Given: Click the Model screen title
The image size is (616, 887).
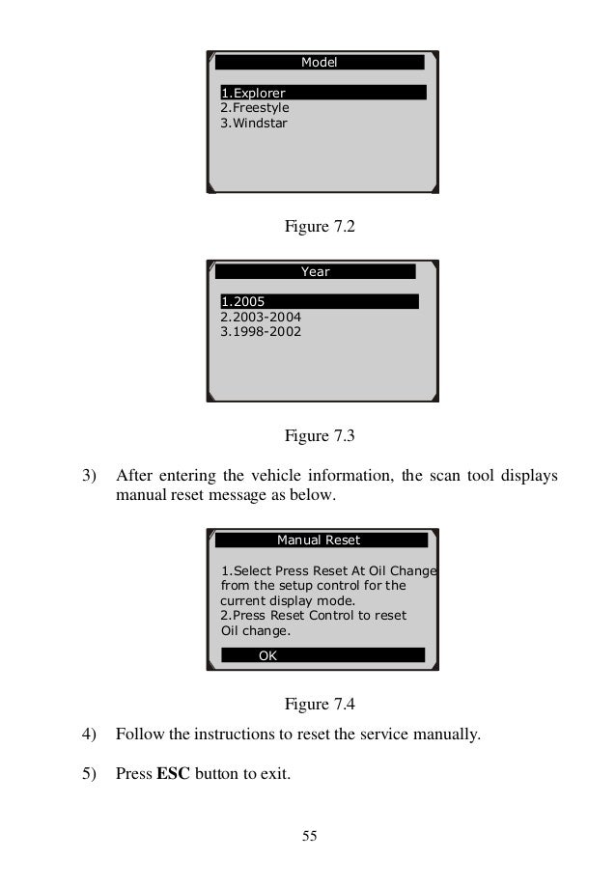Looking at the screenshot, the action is tap(319, 62).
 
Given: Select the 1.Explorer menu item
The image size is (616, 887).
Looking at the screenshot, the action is tap(253, 93).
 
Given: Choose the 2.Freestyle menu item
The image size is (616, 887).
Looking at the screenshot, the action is tap(255, 108).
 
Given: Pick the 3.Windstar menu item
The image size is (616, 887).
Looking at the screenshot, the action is tap(254, 124).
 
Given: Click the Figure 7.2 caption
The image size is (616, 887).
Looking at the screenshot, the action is tap(320, 228).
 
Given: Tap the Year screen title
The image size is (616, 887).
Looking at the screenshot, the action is tap(315, 272).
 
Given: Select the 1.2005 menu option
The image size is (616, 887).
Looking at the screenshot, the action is tap(242, 301).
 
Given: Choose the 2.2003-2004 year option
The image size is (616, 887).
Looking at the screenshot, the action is tap(262, 317).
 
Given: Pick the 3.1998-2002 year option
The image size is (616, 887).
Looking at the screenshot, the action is tap(261, 332).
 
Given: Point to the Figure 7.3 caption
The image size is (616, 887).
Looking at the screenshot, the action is tap(320, 436).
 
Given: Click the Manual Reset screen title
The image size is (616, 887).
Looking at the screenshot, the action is tap(319, 540).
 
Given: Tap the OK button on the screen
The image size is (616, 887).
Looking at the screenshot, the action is tap(267, 655).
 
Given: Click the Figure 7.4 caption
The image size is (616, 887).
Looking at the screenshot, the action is tap(320, 702).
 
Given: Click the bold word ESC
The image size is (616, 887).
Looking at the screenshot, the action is tap(173, 774).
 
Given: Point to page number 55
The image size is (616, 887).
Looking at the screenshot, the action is tap(309, 836).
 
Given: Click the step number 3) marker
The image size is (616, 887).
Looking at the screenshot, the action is tap(90, 476).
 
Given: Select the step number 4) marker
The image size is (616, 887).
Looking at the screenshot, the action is tap(90, 735).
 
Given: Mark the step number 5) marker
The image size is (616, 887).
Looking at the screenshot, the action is tap(90, 774).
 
